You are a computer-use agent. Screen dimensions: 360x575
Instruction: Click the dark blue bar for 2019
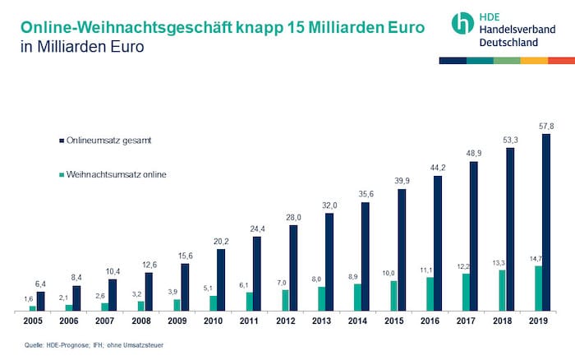point(546,222)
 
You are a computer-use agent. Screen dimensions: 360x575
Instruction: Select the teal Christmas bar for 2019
point(538,288)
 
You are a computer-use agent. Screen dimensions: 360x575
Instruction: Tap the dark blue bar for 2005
point(41,301)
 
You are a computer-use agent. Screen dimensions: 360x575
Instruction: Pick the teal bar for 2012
point(285,300)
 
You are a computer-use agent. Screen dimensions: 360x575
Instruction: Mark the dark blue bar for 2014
point(366,256)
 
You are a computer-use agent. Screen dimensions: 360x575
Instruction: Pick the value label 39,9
point(400,182)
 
